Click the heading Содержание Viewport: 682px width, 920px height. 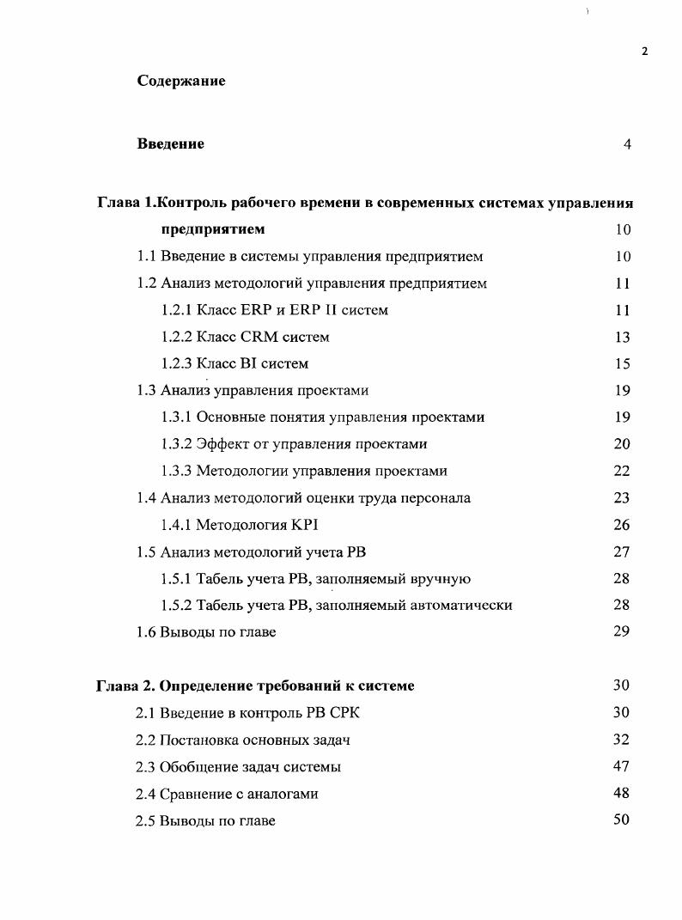pos(180,81)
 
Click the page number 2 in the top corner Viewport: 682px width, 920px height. pos(644,51)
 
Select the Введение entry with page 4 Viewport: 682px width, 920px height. pos(171,143)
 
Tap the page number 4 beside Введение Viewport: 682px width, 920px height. pos(627,144)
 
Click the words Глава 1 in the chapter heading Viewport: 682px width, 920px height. pos(125,203)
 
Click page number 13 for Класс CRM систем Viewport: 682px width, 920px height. pos(622,337)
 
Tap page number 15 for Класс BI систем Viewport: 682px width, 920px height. pos(622,363)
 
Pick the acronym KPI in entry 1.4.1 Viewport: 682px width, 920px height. pos(305,525)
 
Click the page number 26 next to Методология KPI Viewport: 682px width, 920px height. pos(622,525)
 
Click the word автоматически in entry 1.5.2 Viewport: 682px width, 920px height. pos(464,606)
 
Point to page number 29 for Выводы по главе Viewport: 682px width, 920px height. pos(622,631)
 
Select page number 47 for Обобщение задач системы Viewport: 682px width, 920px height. pos(622,766)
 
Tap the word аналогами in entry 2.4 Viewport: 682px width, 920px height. pos(280,794)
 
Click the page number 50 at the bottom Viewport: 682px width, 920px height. pos(622,819)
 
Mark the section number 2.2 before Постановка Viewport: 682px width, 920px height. pos(146,740)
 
